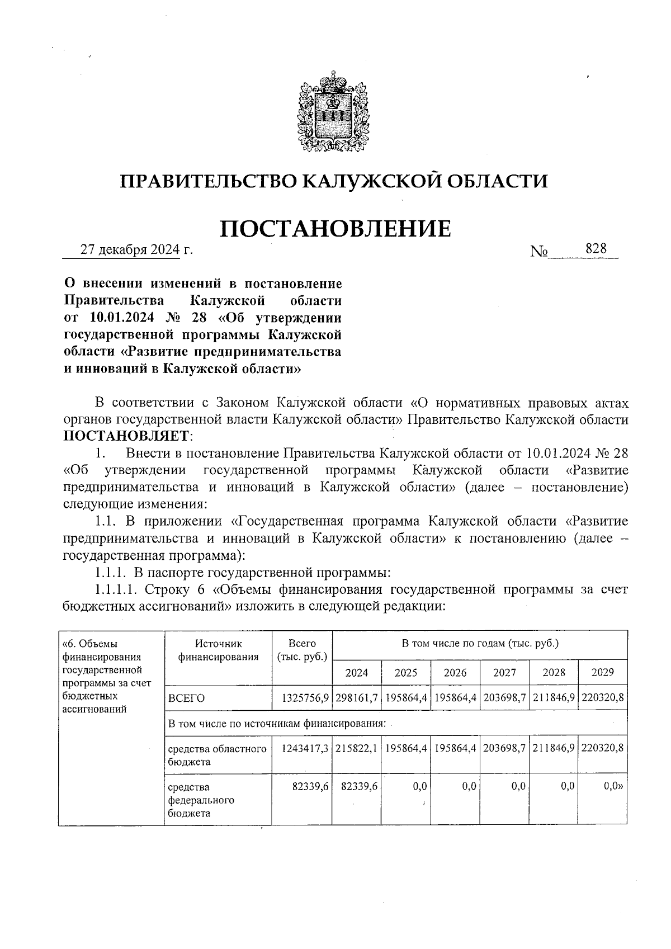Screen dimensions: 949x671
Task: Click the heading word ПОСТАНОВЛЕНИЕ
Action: (335, 229)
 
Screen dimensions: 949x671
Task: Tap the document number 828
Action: (596, 249)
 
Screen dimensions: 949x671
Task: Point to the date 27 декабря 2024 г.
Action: (136, 249)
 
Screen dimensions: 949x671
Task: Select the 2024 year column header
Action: (356, 672)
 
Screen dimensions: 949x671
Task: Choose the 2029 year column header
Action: (602, 672)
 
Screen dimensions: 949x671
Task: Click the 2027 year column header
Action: (504, 672)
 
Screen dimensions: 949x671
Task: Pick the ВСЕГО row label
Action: (187, 698)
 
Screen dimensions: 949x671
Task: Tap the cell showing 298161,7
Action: (357, 698)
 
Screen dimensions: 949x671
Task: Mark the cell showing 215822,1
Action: (357, 748)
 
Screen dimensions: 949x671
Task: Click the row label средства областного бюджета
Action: (217, 755)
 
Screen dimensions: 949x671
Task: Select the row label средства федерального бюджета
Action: (201, 800)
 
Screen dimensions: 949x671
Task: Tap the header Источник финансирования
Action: (218, 650)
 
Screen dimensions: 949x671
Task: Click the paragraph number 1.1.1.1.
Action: (116, 589)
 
